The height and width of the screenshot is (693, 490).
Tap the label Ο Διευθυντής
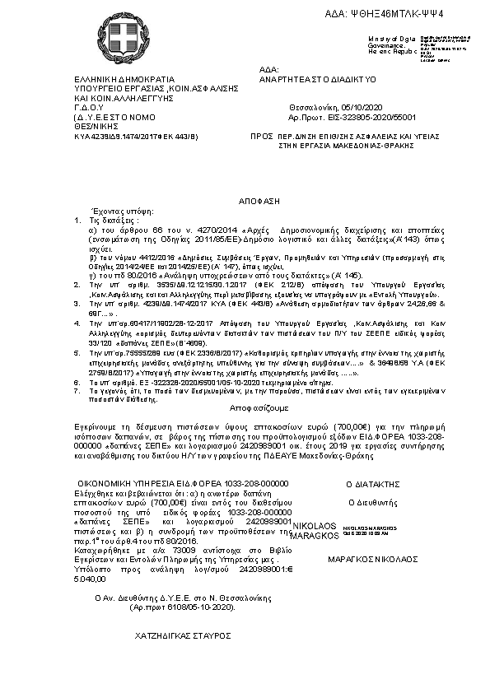[374, 500]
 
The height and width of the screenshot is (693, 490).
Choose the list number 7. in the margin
[77, 391]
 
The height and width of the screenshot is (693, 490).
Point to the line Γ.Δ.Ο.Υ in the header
[89, 108]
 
